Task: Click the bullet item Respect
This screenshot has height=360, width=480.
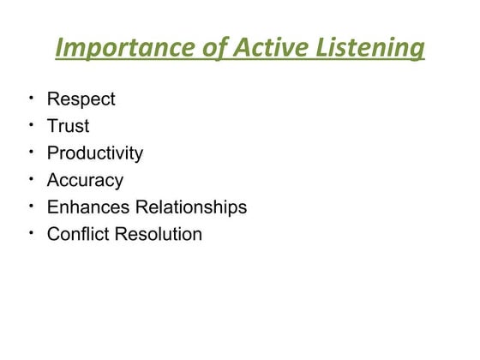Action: [x=81, y=99]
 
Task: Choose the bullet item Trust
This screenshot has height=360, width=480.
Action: [x=68, y=127]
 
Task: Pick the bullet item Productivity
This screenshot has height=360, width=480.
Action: [x=94, y=153]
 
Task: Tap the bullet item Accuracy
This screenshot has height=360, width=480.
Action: [x=85, y=181]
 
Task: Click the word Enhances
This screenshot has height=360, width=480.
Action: [x=88, y=207]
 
